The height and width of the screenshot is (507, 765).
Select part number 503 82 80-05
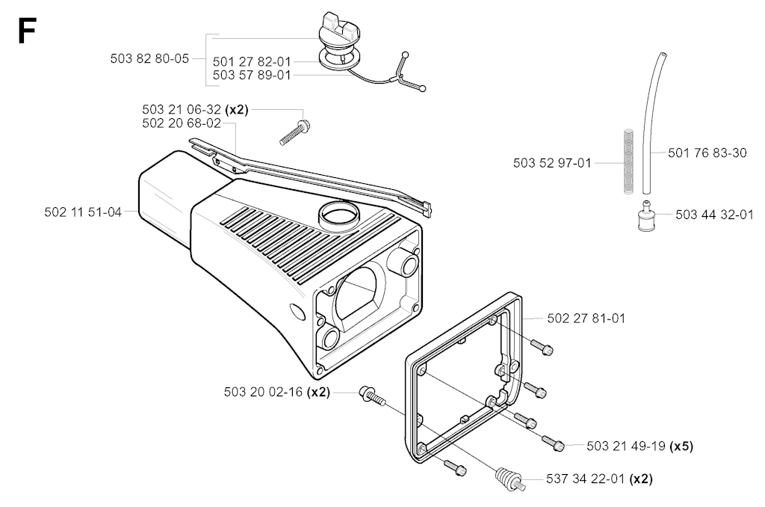(x=149, y=58)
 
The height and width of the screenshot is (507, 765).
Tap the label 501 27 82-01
(x=252, y=62)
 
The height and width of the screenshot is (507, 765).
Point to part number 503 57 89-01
(x=252, y=76)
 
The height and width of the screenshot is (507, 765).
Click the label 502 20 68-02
(x=182, y=123)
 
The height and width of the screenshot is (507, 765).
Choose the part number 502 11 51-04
(x=83, y=212)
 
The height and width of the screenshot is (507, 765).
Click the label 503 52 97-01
(x=552, y=163)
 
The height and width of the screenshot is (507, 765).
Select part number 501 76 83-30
(x=707, y=153)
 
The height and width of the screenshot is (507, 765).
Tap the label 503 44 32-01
(x=715, y=215)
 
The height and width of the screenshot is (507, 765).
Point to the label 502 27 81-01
(x=586, y=319)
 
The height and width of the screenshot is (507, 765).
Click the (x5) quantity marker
(x=681, y=446)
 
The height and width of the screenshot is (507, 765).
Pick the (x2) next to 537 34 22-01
(x=640, y=479)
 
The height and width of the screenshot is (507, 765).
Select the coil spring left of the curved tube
(x=628, y=161)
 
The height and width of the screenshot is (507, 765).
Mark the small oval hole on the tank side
(x=296, y=311)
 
